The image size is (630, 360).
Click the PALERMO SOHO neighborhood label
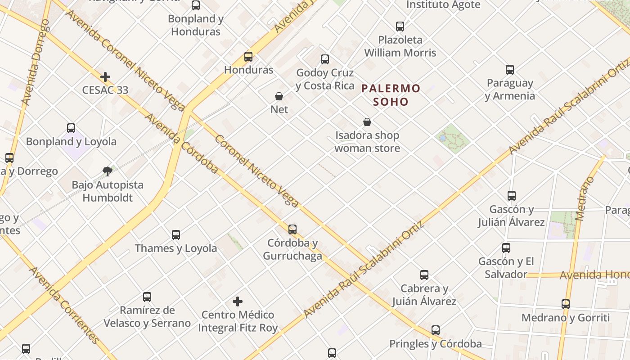(x=391, y=95)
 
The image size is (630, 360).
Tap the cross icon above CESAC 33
(x=105, y=77)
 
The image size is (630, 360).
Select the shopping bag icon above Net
(x=279, y=96)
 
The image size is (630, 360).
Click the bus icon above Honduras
(x=248, y=57)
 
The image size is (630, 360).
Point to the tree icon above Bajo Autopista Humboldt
(x=107, y=171)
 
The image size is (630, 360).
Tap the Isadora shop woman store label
(x=367, y=142)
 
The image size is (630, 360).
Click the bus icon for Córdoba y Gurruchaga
(x=292, y=229)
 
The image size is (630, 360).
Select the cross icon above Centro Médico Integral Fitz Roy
(x=238, y=301)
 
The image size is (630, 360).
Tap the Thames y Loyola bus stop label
(x=176, y=248)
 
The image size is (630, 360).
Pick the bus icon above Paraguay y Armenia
(x=510, y=70)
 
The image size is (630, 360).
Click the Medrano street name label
(x=585, y=198)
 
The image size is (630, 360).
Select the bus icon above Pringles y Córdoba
(x=436, y=330)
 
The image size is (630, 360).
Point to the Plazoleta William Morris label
(x=400, y=46)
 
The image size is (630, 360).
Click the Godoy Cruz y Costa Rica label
(x=325, y=79)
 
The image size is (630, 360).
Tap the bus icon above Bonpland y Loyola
(x=71, y=128)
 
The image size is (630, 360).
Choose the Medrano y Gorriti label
(x=566, y=318)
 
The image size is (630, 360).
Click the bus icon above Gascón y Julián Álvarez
(x=512, y=196)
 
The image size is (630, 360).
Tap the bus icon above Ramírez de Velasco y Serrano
(x=147, y=297)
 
